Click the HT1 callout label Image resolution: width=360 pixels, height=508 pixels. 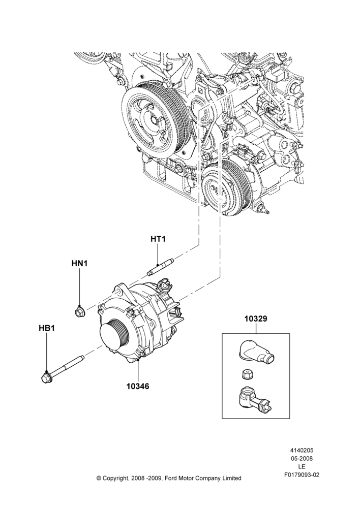(158, 239)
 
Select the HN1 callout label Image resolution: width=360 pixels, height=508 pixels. (79, 263)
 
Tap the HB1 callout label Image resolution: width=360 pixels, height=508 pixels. (47, 328)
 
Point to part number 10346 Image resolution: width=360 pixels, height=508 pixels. (138, 386)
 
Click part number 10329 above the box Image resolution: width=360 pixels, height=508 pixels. (256, 319)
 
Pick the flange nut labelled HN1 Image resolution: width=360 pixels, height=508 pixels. (78, 312)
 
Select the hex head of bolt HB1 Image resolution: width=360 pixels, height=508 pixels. (47, 378)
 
